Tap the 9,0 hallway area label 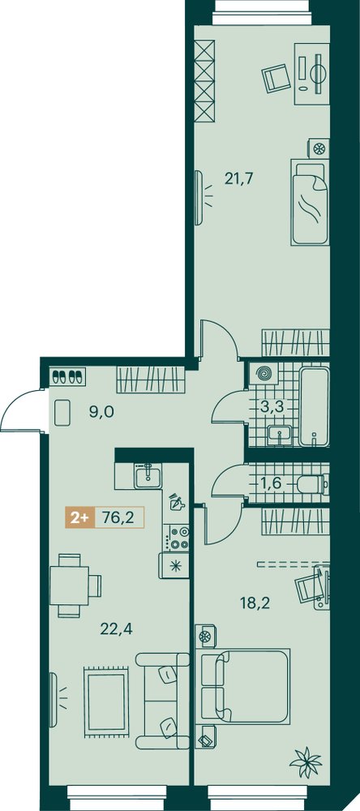tap(101, 412)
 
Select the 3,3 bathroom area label tap(272, 405)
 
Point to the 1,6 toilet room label tap(271, 484)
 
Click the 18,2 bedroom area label tap(255, 603)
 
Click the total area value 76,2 tap(115, 518)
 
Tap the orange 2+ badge tap(79, 518)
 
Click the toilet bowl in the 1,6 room tap(313, 485)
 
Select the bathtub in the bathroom tap(314, 406)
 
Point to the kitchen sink tap(148, 474)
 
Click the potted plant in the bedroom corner tap(306, 760)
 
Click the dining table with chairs tap(74, 586)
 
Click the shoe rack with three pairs tap(68, 375)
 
